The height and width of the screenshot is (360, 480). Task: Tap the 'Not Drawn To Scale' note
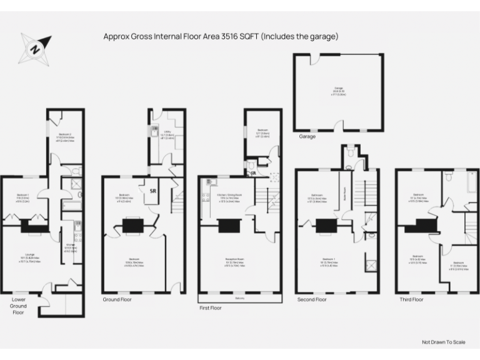point(443,342)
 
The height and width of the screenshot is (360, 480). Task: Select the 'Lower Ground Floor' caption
point(19,306)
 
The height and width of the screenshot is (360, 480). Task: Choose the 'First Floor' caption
point(211,308)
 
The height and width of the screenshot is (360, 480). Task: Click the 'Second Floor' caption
point(312,299)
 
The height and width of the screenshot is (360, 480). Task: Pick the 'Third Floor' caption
point(411,299)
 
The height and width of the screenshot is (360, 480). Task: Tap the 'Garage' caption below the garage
point(307,136)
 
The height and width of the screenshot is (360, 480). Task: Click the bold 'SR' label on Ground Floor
point(152,191)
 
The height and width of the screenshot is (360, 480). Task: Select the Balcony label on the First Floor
point(239,298)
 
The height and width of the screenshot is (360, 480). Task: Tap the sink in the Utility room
point(153,132)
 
